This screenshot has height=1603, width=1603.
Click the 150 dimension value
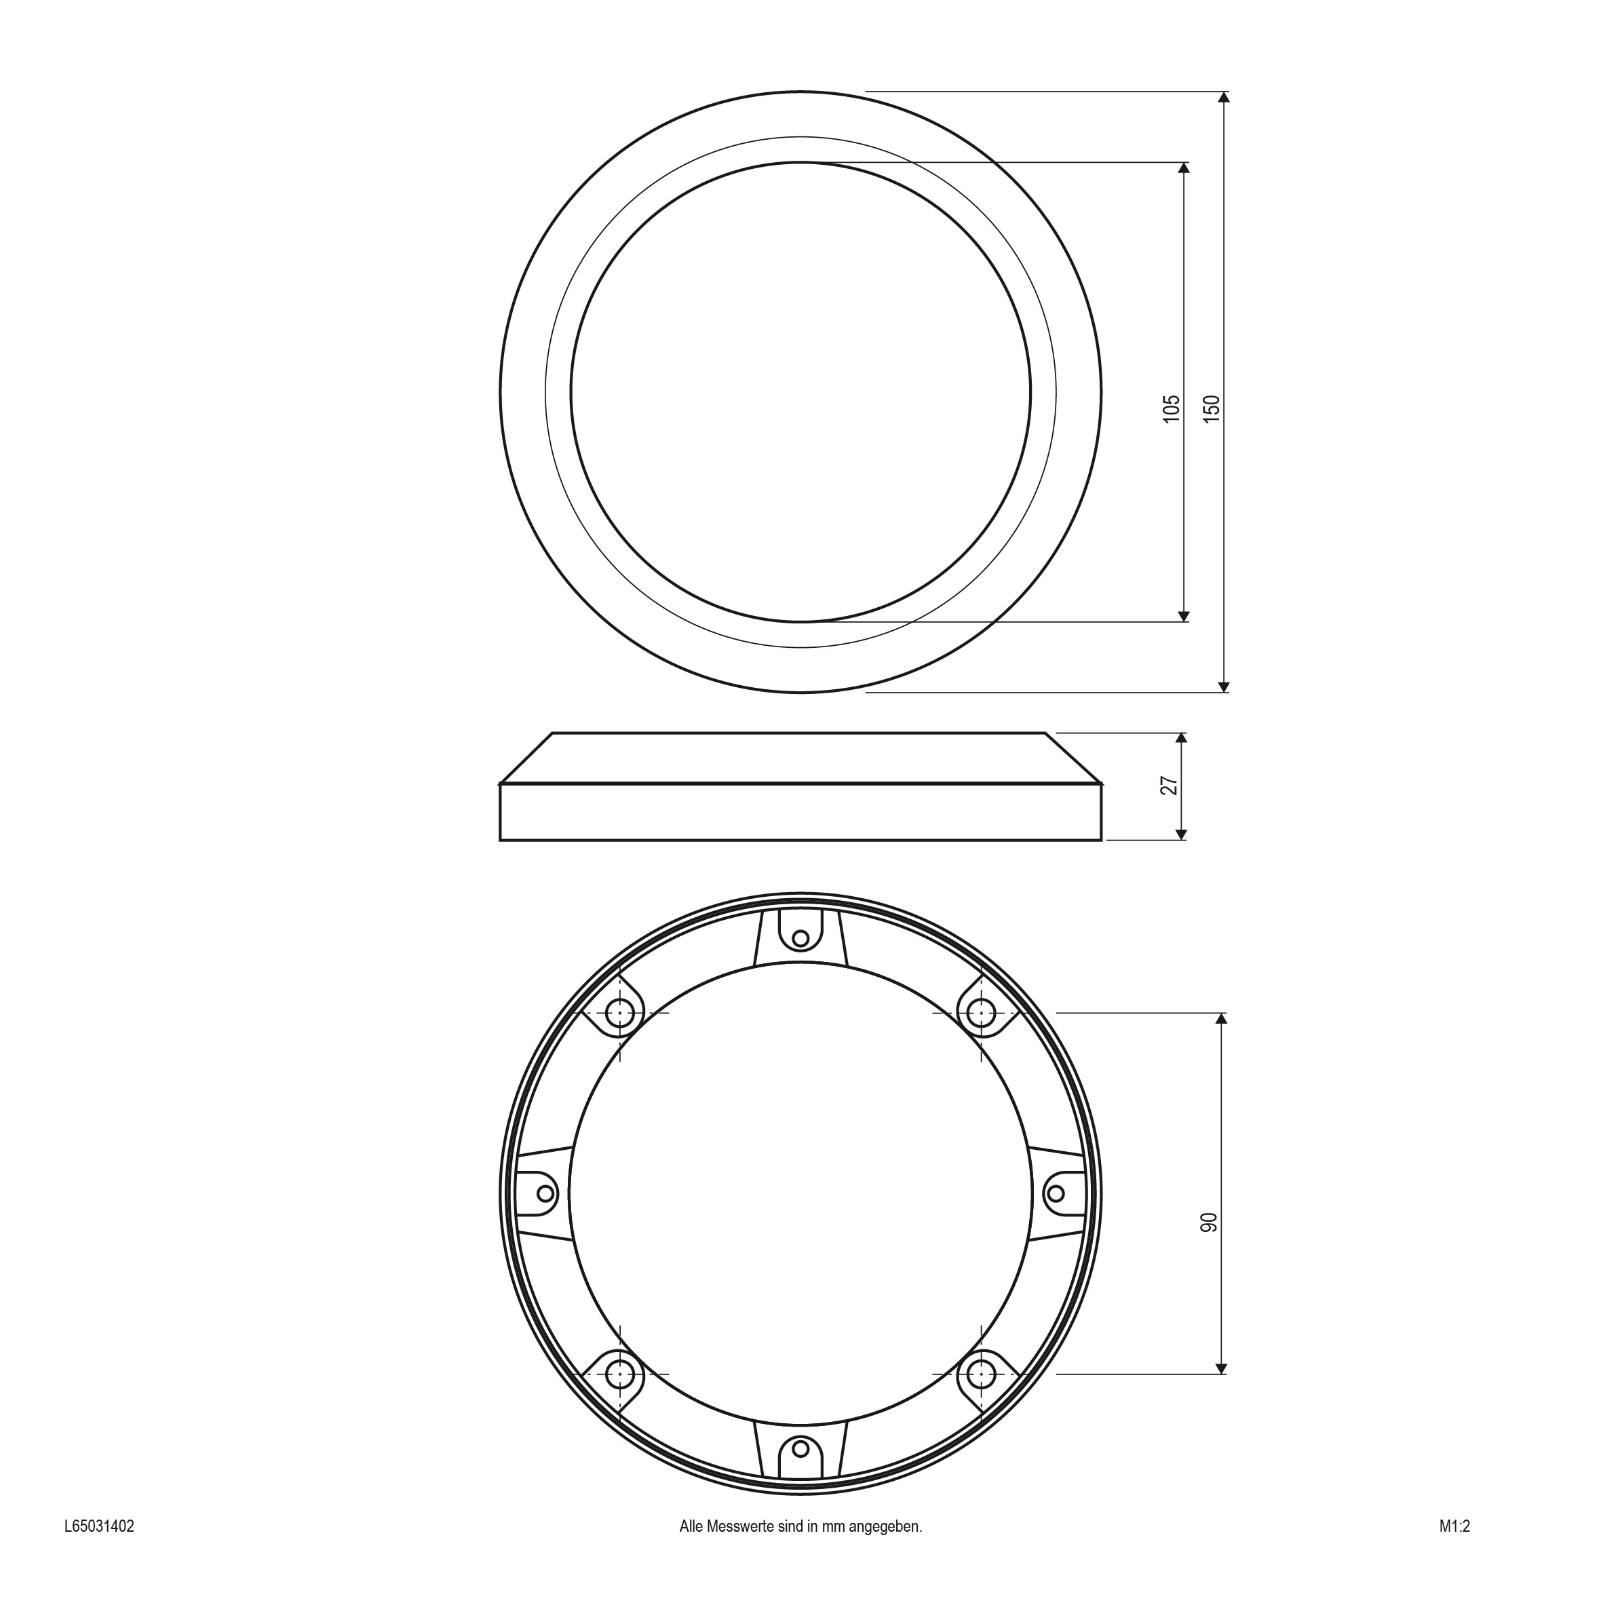pos(1212,409)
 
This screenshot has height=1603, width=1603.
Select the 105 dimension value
pos(1172,409)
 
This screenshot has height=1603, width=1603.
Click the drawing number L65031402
pos(99,1549)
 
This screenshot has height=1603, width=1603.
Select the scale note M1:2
pos(1454,1549)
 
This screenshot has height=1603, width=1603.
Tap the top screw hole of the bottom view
pos(800,938)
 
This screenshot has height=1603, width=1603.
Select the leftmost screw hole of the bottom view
pos(545,1193)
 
